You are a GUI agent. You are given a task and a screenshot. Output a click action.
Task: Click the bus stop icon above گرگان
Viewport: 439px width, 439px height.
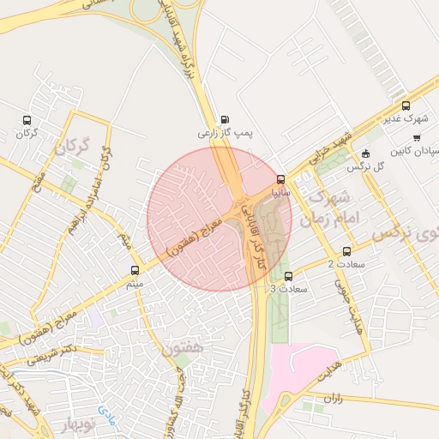click(x=28, y=120)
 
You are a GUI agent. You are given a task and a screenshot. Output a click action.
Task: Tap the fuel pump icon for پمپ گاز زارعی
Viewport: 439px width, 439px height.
click(x=225, y=119)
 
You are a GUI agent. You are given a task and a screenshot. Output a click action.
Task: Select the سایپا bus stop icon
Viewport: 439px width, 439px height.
click(x=281, y=179)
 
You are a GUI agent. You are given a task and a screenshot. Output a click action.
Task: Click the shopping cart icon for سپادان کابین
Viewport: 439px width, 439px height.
click(x=417, y=137)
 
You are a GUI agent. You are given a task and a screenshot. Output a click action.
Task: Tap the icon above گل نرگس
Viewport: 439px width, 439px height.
click(x=366, y=153)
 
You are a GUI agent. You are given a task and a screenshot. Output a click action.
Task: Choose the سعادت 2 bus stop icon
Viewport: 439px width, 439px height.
click(x=346, y=251)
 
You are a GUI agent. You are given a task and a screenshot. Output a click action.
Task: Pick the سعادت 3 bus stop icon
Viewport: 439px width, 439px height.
click(x=287, y=276)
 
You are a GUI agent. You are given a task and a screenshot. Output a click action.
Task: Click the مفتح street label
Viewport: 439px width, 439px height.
click(x=39, y=173)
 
